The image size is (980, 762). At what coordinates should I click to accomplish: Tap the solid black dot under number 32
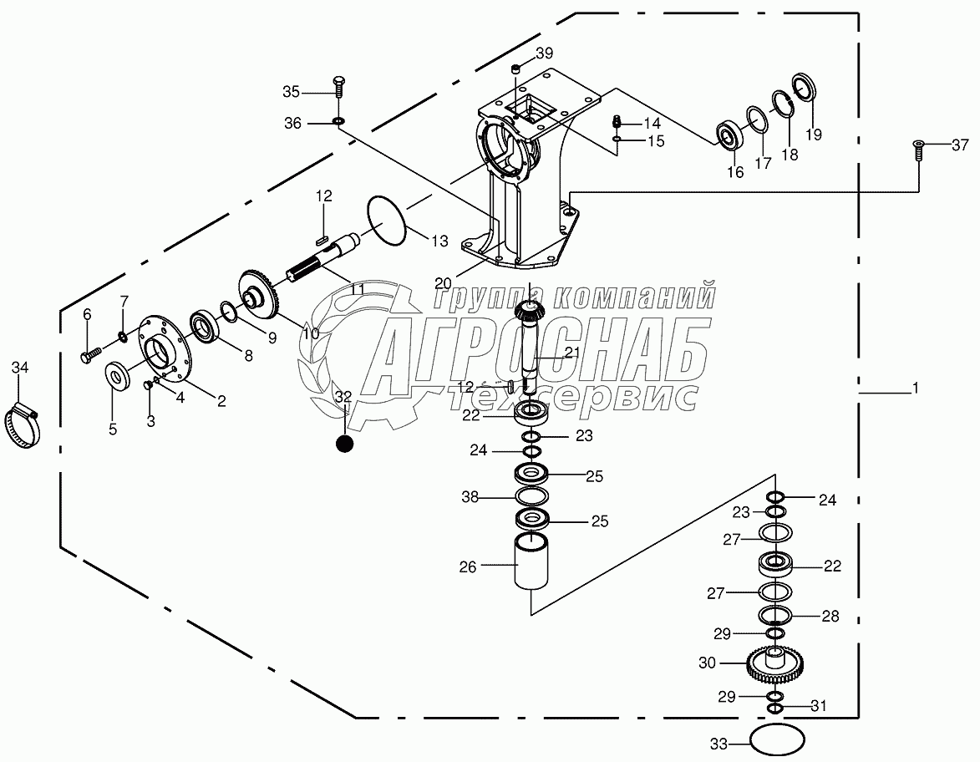[x=344, y=444]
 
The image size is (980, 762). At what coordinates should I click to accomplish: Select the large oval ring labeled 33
[x=777, y=740]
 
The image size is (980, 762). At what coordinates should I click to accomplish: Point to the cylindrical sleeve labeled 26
[x=532, y=564]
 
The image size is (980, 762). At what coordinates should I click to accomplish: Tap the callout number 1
[x=915, y=389]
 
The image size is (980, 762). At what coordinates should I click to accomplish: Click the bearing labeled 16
[x=730, y=135]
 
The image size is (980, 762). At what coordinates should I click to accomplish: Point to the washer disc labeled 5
[x=119, y=376]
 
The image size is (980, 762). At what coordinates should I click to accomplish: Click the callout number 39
[x=544, y=53]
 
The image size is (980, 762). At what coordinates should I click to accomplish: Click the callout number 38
[x=470, y=498]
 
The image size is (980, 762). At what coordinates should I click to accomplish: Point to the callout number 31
[x=819, y=706]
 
